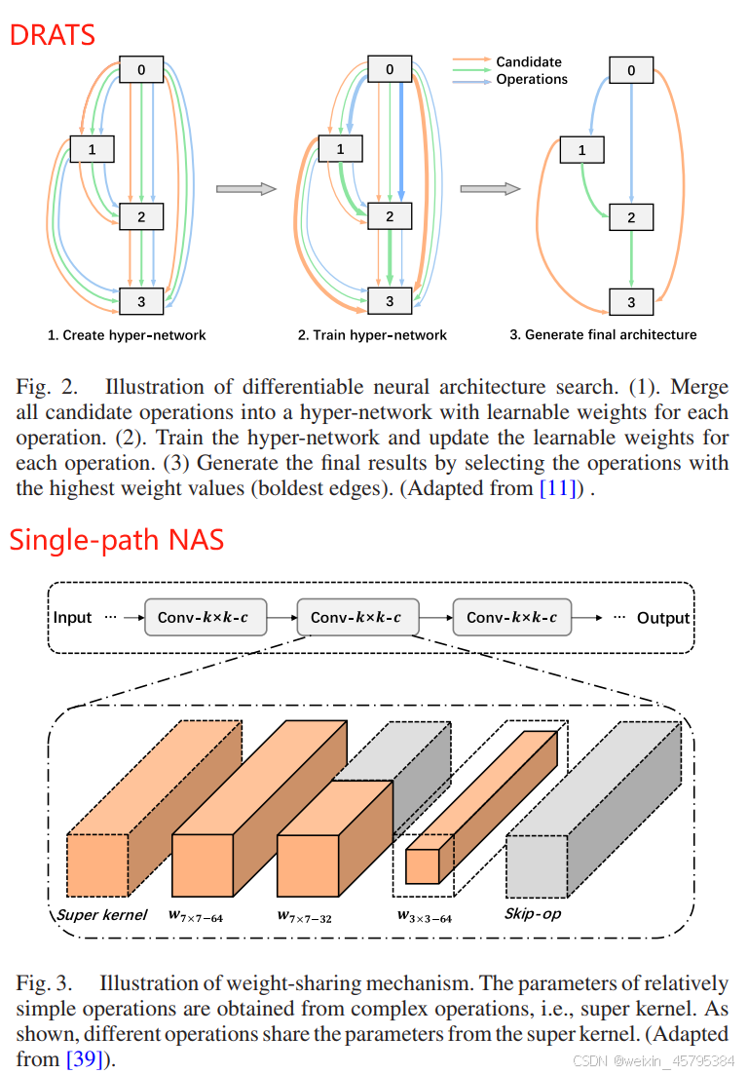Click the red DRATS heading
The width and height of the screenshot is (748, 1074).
pyautogui.click(x=53, y=34)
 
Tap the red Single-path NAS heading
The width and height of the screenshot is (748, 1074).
pyautogui.click(x=117, y=539)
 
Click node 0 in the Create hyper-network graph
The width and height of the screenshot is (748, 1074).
pyautogui.click(x=141, y=69)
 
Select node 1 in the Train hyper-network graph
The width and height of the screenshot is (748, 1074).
pyautogui.click(x=340, y=149)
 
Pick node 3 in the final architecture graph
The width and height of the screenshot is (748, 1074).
pyautogui.click(x=631, y=302)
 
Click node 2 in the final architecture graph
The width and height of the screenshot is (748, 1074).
pyautogui.click(x=631, y=217)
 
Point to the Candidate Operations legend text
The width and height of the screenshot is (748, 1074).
pyautogui.click(x=531, y=70)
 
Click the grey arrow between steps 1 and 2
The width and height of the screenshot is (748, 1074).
pyautogui.click(x=240, y=189)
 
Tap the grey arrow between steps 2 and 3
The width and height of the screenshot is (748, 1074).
pyautogui.click(x=485, y=189)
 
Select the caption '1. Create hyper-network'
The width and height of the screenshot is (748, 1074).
pyautogui.click(x=127, y=335)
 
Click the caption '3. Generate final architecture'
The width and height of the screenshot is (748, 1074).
pyautogui.click(x=603, y=335)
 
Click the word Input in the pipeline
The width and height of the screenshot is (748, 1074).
pyautogui.click(x=72, y=618)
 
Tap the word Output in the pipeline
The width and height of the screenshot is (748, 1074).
pyautogui.click(x=663, y=618)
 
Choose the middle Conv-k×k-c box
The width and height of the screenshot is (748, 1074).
pyautogui.click(x=362, y=618)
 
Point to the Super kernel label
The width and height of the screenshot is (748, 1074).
pyautogui.click(x=102, y=914)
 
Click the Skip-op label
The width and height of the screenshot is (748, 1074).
pyautogui.click(x=533, y=914)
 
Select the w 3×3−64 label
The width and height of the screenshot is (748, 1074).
pyautogui.click(x=425, y=915)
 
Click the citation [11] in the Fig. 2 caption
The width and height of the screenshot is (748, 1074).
pyautogui.click(x=559, y=488)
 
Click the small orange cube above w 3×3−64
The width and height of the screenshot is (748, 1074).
pyautogui.click(x=423, y=865)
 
